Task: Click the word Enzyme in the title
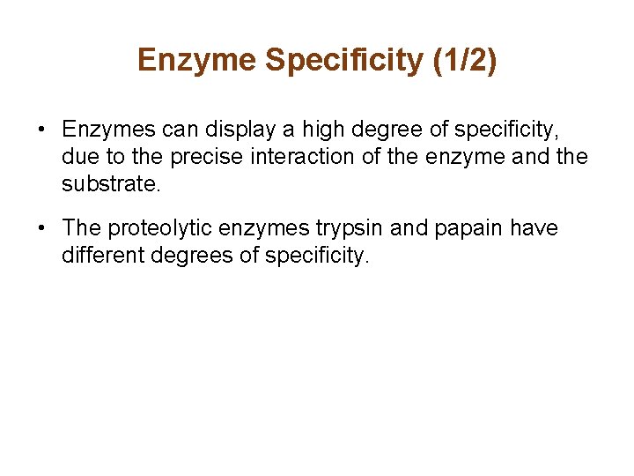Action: point(196,60)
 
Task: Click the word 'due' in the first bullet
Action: point(77,158)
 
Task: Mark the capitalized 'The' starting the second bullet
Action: point(82,227)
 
